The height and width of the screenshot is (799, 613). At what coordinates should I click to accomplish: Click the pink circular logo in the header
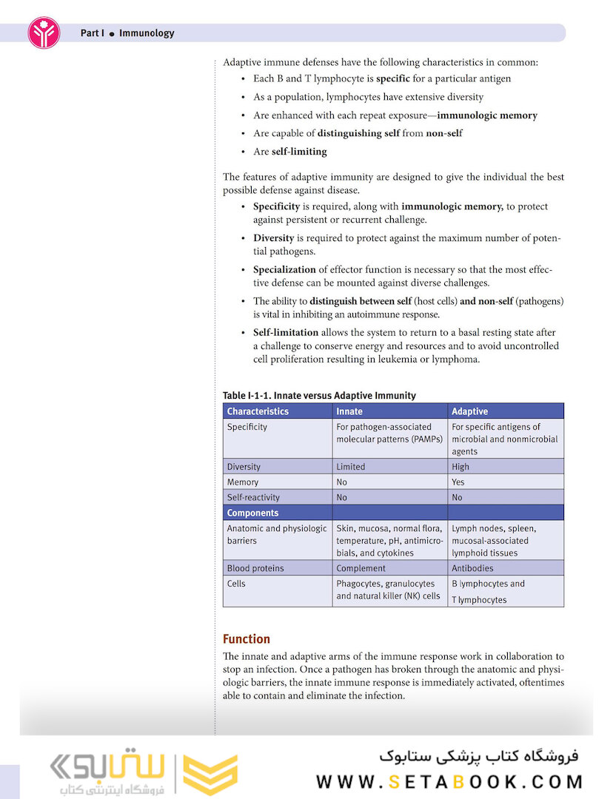[x=44, y=33]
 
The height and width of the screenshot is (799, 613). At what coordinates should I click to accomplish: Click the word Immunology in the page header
[x=147, y=33]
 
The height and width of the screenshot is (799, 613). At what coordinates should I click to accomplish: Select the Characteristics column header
[x=258, y=411]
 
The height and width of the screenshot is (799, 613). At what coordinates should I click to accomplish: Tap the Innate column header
[x=349, y=411]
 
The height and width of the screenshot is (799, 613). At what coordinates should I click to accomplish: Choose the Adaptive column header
[x=469, y=411]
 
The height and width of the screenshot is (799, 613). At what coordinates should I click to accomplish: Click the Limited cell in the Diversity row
[x=351, y=467]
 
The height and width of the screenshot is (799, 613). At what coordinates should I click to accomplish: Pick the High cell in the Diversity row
[x=460, y=467]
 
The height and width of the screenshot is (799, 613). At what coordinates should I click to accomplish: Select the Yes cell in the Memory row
[x=458, y=482]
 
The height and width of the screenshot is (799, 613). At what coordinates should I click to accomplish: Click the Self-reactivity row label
[x=253, y=498]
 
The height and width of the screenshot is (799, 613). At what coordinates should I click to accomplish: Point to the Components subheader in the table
[x=252, y=513]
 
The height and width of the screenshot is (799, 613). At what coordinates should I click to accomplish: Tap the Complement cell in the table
[x=361, y=568]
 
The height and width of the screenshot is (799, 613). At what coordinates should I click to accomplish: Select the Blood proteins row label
[x=255, y=568]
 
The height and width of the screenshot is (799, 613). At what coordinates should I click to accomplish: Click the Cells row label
[x=236, y=584]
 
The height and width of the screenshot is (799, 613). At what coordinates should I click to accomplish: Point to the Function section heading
[x=247, y=639]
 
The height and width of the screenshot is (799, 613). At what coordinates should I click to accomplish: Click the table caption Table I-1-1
[x=319, y=396]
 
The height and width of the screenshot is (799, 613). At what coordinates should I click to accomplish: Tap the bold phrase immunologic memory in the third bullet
[x=487, y=115]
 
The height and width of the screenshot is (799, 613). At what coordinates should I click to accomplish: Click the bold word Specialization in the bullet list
[x=284, y=270]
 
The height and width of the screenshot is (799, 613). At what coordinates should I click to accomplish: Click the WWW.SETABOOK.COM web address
[x=449, y=782]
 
